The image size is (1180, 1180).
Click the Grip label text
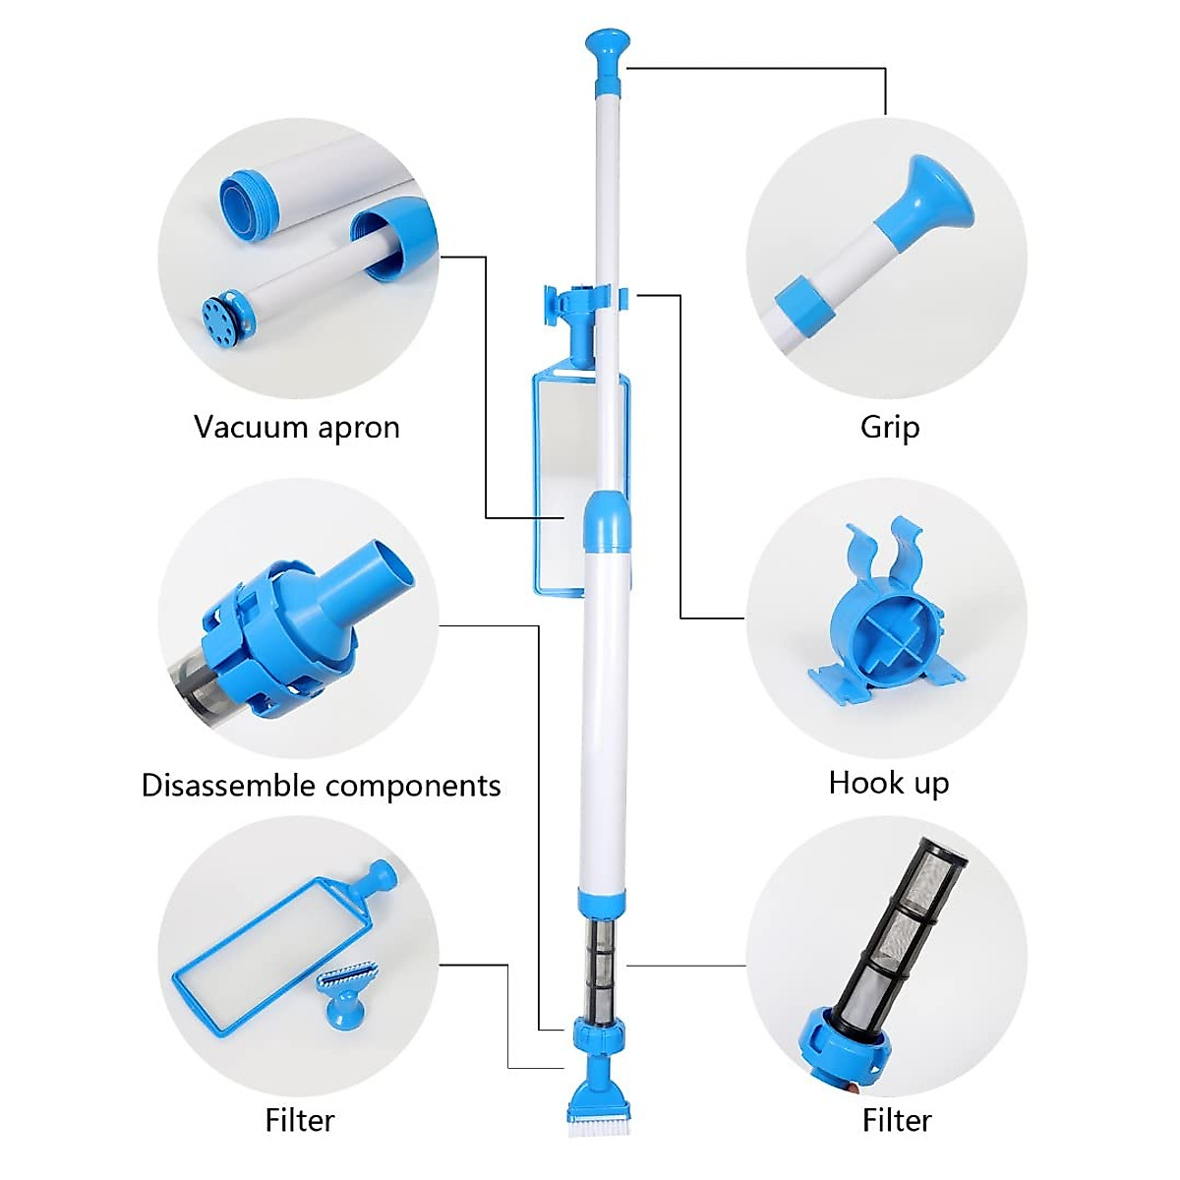tap(889, 428)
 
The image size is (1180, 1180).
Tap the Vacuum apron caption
tap(296, 428)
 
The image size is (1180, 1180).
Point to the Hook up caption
tap(889, 783)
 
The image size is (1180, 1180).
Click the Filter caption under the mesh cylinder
tap(896, 1120)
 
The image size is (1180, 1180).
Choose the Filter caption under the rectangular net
tap(300, 1120)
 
